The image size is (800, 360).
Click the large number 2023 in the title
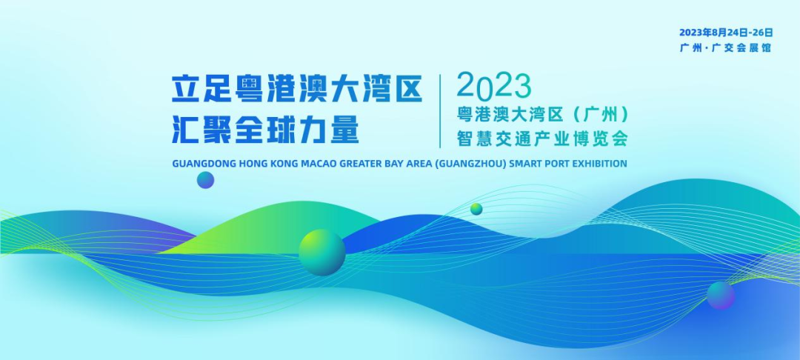tap(494, 87)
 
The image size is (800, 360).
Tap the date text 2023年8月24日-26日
tap(726, 33)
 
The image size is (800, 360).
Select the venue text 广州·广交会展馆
tap(725, 48)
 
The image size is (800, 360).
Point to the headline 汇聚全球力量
tap(265, 129)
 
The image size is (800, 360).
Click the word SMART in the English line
tap(524, 164)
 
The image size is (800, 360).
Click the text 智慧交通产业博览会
tap(541, 139)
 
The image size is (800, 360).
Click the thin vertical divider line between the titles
tap(440, 110)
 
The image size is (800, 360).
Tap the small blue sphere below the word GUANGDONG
tap(206, 180)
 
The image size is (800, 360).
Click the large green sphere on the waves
tap(322, 253)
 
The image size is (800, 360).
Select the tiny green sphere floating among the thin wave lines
tap(476, 209)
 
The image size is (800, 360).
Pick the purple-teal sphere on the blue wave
tap(721, 296)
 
